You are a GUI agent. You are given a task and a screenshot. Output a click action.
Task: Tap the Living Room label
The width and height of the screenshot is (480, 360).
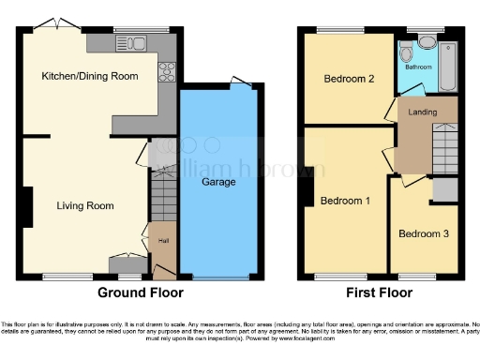[84, 205]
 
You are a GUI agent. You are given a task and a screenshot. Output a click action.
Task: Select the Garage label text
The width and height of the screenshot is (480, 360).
[218, 182]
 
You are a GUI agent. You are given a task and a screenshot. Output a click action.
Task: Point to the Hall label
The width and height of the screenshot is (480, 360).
[163, 242]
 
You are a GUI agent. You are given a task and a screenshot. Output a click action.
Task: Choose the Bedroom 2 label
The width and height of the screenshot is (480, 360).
[350, 79]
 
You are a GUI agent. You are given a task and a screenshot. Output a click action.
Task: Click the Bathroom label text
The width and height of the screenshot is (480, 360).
[418, 67]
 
